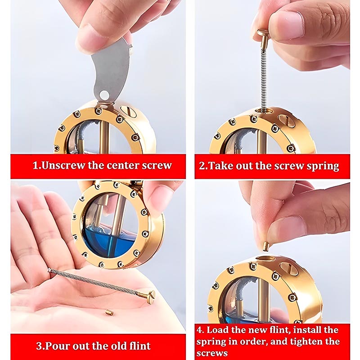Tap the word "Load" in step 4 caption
tap(217, 330)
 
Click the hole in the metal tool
tap(104, 94)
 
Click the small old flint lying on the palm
tap(108, 312)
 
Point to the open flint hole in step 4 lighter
tap(265, 259)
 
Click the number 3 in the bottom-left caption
tap(39, 346)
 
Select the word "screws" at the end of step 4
tap(211, 353)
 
